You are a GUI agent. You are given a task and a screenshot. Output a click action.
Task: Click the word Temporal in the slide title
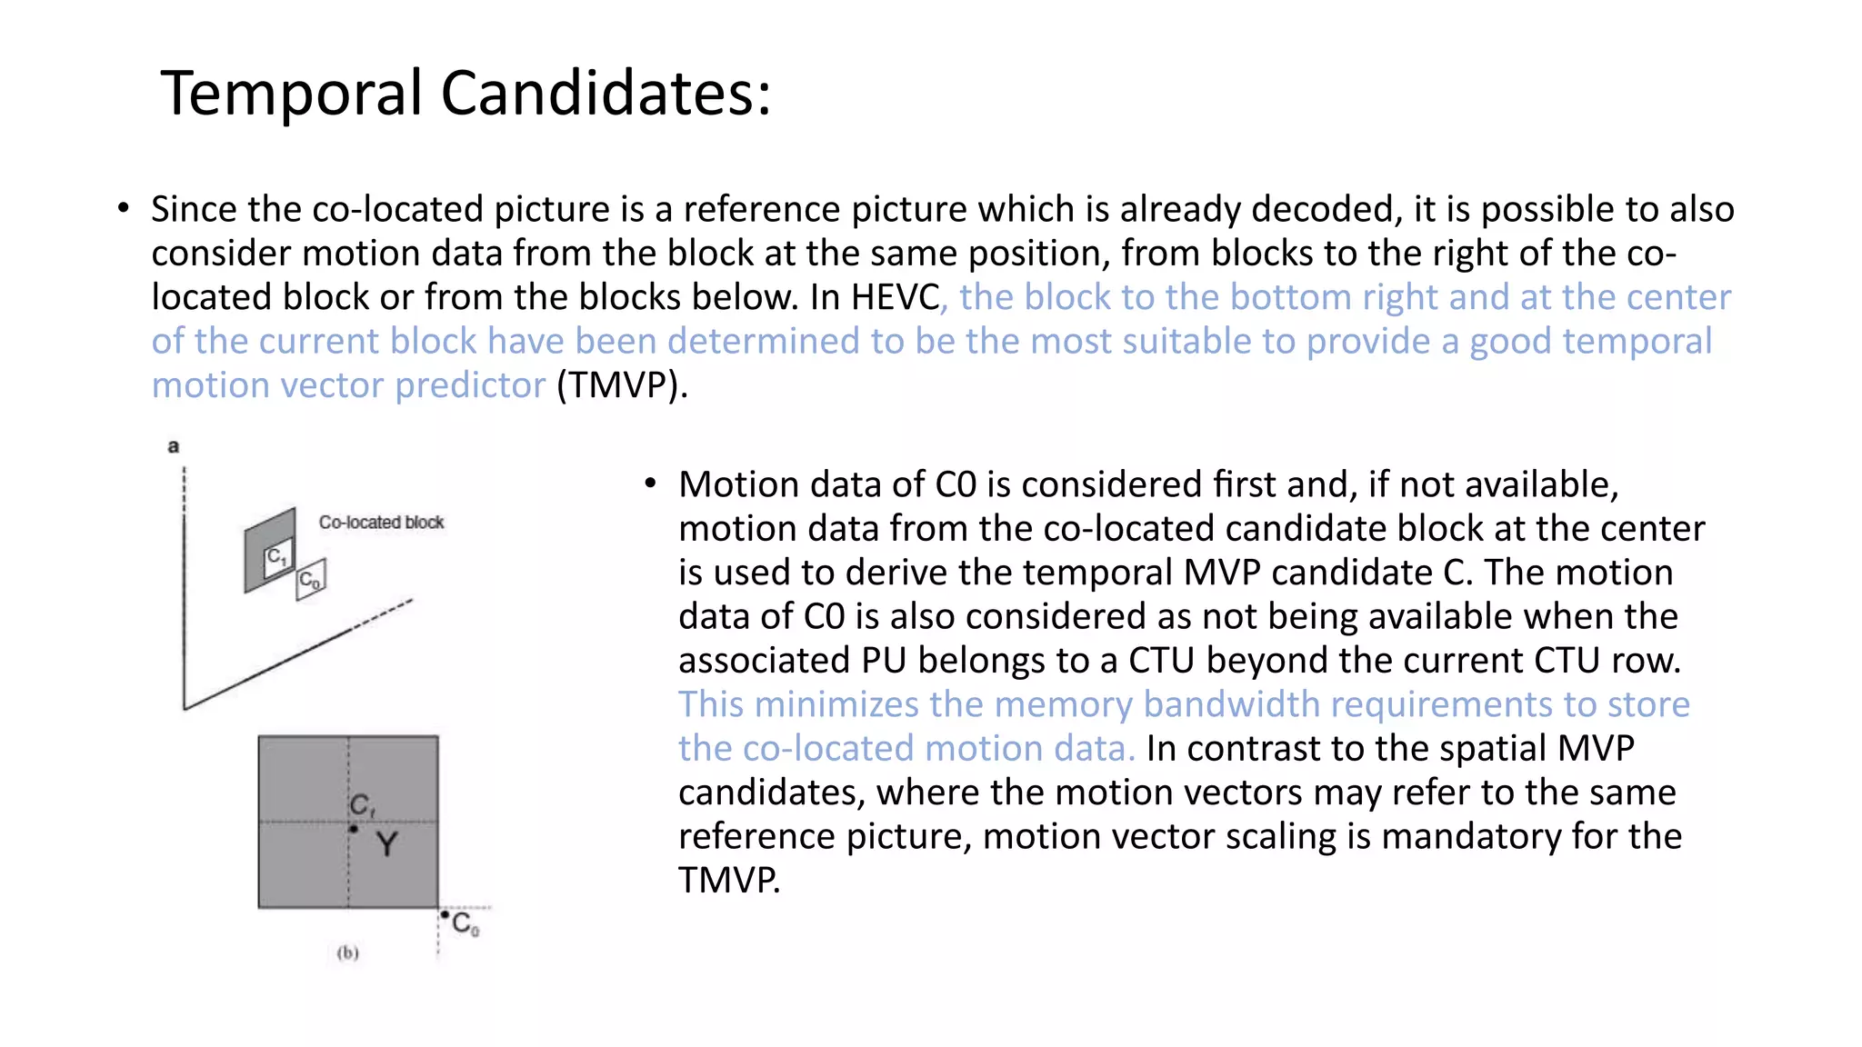click(x=291, y=94)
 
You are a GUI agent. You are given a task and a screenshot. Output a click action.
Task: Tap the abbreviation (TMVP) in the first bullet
click(x=622, y=385)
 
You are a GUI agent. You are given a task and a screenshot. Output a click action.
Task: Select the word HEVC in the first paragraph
click(x=895, y=297)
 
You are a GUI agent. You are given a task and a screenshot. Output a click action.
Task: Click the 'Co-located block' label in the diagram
click(x=381, y=523)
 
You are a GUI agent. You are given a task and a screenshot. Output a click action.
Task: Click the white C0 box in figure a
click(x=310, y=579)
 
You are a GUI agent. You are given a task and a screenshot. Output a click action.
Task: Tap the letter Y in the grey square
click(x=386, y=844)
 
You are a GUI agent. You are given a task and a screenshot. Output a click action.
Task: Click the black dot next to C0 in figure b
click(x=445, y=914)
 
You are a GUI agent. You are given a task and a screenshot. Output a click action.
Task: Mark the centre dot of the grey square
click(x=353, y=829)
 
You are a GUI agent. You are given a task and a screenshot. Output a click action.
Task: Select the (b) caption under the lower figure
click(x=347, y=952)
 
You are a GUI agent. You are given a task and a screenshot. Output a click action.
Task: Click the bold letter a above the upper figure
click(x=174, y=446)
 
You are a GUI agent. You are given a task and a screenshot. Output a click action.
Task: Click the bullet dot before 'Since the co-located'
click(x=124, y=209)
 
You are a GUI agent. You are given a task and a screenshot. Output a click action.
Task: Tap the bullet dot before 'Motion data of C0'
click(x=650, y=484)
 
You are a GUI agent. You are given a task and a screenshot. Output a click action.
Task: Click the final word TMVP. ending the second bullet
click(x=729, y=881)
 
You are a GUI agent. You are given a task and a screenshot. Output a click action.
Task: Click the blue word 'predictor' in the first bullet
click(x=470, y=385)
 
